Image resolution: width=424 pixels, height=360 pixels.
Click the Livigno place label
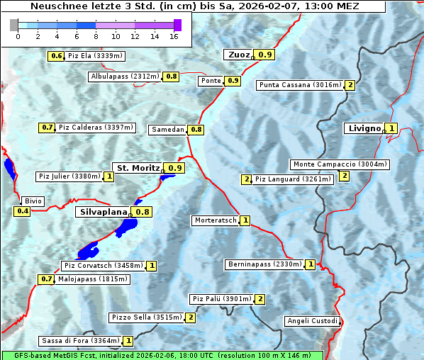[x=364, y=128]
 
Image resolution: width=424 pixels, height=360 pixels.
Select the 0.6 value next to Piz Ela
[x=57, y=56]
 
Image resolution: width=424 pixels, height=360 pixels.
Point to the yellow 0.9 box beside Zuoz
[x=265, y=55]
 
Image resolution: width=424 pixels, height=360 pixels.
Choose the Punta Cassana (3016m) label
[x=300, y=85]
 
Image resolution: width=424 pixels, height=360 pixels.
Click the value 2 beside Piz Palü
[x=260, y=299]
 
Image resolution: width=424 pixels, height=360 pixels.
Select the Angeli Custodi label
[x=313, y=321]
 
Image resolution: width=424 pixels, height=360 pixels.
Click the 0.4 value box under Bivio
[x=23, y=211]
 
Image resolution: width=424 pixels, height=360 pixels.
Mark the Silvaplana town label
[x=104, y=212]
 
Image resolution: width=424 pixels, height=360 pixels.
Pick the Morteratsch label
[x=216, y=220]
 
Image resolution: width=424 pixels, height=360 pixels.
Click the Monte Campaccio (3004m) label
[x=340, y=164]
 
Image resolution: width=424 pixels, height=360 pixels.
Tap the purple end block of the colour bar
[x=177, y=25]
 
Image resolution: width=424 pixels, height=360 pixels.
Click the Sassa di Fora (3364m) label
[x=80, y=341]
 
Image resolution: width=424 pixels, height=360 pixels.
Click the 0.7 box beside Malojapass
[x=46, y=279]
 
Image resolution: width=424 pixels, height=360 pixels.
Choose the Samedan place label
[x=168, y=130]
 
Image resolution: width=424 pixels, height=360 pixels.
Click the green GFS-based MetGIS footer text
[x=162, y=355]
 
